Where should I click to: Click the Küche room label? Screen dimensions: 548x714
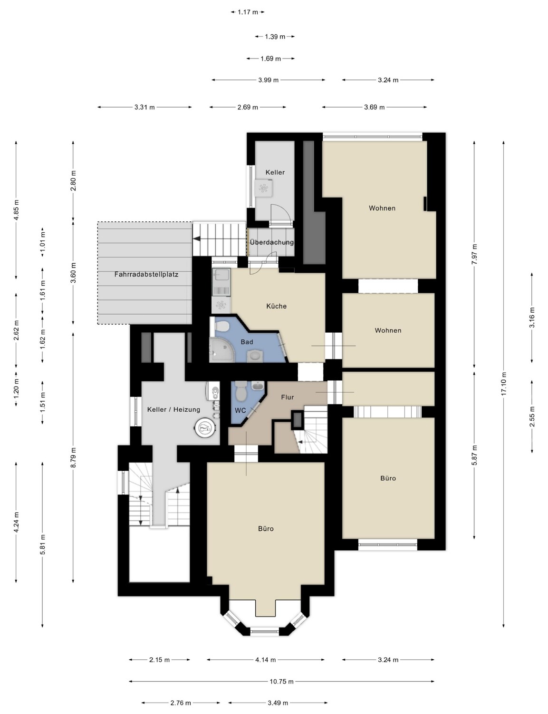276,306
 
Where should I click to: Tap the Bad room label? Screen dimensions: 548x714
247,342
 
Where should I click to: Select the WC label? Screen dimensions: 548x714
240,410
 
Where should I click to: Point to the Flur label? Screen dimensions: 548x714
287,397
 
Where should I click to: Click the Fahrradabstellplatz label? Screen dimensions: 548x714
146,274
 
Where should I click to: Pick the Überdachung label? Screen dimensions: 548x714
271,242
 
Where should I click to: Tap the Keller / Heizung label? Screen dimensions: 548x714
173,409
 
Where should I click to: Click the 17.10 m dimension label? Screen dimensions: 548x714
504,384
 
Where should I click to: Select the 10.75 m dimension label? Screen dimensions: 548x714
281,682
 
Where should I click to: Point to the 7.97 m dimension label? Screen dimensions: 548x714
474,255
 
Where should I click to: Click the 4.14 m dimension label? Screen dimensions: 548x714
265,659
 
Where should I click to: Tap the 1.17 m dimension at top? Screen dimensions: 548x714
248,12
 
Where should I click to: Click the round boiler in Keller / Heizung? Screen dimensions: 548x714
206,428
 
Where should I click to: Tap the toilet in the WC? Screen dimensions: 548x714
241,391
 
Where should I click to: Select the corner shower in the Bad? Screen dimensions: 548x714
217,349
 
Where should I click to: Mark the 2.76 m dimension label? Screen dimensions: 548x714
181,703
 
